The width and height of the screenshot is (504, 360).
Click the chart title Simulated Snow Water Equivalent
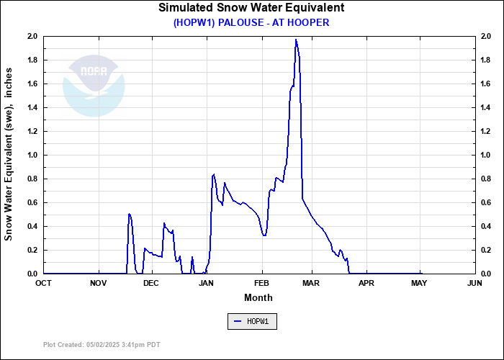(x=251, y=8)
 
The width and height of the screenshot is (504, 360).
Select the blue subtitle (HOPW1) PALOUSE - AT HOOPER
(x=251, y=22)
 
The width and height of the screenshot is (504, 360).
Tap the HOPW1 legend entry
(x=251, y=321)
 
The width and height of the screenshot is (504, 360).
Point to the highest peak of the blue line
(x=296, y=40)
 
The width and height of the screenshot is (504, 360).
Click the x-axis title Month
(x=258, y=297)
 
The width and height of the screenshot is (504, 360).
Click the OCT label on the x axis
(x=43, y=283)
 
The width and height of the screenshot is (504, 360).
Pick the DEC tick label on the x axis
(x=150, y=283)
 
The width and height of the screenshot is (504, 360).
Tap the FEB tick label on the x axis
(x=261, y=283)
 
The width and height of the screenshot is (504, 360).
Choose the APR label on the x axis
(x=366, y=283)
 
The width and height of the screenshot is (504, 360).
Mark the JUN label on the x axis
(x=474, y=283)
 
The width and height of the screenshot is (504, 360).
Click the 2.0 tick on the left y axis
(x=32, y=36)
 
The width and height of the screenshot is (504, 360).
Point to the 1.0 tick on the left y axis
(x=32, y=155)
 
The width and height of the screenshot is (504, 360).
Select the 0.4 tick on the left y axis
(x=32, y=226)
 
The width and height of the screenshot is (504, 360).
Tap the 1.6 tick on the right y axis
(x=485, y=84)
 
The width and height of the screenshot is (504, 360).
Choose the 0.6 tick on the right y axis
(x=485, y=202)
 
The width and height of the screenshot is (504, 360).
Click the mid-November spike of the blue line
(x=129, y=214)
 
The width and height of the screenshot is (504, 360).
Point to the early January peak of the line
(x=213, y=174)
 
